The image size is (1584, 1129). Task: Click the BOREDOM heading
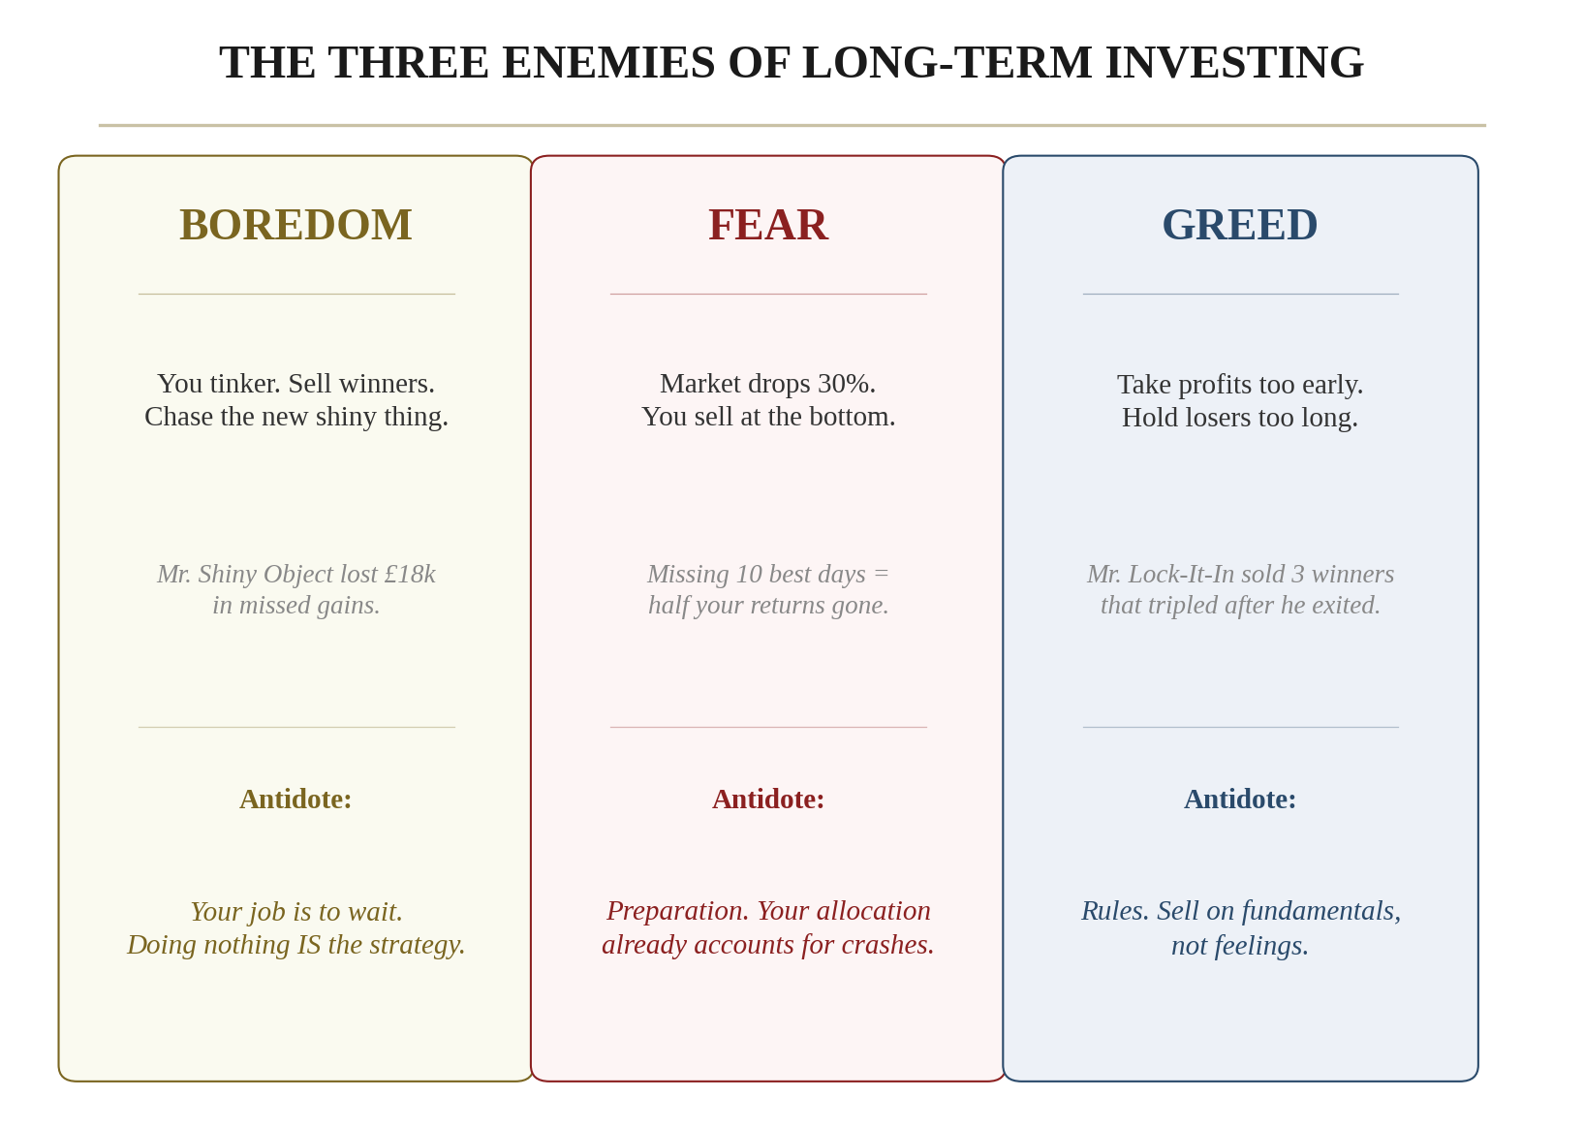click(x=295, y=225)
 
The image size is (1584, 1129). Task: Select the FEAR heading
click(x=767, y=225)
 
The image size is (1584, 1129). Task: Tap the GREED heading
click(x=1239, y=225)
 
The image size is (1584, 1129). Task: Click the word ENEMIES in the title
click(x=608, y=63)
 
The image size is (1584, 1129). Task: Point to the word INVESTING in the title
click(x=1234, y=63)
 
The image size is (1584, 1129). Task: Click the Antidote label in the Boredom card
click(x=295, y=799)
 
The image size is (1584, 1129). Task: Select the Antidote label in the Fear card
click(x=767, y=799)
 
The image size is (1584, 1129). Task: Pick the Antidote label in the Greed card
click(x=1239, y=799)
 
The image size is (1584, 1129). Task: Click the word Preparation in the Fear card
click(x=677, y=911)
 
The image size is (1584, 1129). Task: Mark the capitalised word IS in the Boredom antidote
click(x=309, y=944)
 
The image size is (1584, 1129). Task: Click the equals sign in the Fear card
click(x=881, y=574)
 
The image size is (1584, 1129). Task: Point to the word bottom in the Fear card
click(x=855, y=417)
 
